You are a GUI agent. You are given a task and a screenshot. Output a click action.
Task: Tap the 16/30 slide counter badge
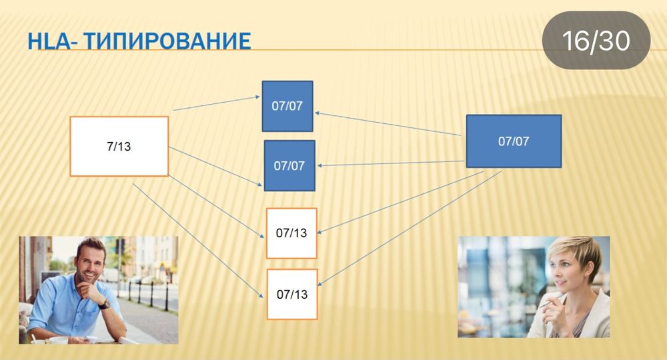point(596,41)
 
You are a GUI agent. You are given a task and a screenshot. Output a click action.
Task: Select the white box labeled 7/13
point(119,146)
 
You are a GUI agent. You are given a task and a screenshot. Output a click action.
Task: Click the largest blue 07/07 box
point(513,141)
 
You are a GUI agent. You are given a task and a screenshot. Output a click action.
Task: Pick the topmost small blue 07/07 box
point(287,106)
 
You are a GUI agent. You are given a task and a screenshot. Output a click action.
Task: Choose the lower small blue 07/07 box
point(289,165)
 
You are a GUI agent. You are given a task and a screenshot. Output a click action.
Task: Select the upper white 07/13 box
point(291,233)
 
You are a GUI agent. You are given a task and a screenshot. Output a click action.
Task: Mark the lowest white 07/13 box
point(291,293)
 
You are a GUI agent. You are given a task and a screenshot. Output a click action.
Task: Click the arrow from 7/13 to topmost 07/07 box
point(217,103)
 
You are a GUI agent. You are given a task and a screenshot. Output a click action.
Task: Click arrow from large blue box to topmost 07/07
point(387,124)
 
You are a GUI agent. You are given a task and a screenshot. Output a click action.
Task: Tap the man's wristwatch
point(104,304)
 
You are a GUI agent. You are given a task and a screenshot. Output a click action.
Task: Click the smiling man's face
point(89,261)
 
